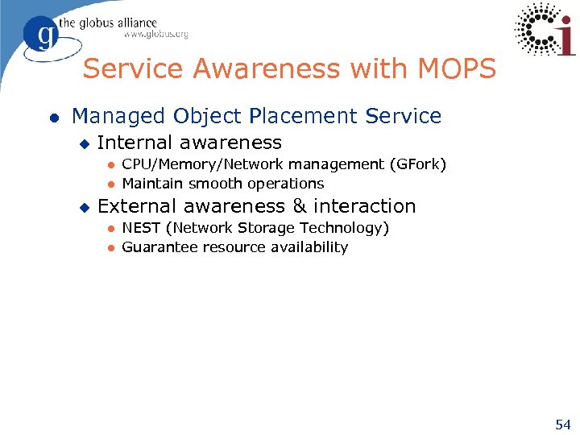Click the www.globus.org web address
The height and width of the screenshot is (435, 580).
[x=155, y=35]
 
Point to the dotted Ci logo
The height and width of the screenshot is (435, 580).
[x=545, y=30]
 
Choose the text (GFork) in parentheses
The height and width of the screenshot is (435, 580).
[x=417, y=164]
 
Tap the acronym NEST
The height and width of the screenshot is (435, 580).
[x=141, y=228]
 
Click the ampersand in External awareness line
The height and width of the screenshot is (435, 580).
[x=300, y=206]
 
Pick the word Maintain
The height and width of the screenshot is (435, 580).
[x=152, y=184]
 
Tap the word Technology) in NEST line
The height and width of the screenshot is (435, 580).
[x=348, y=228]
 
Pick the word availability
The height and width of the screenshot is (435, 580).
[x=310, y=247]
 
